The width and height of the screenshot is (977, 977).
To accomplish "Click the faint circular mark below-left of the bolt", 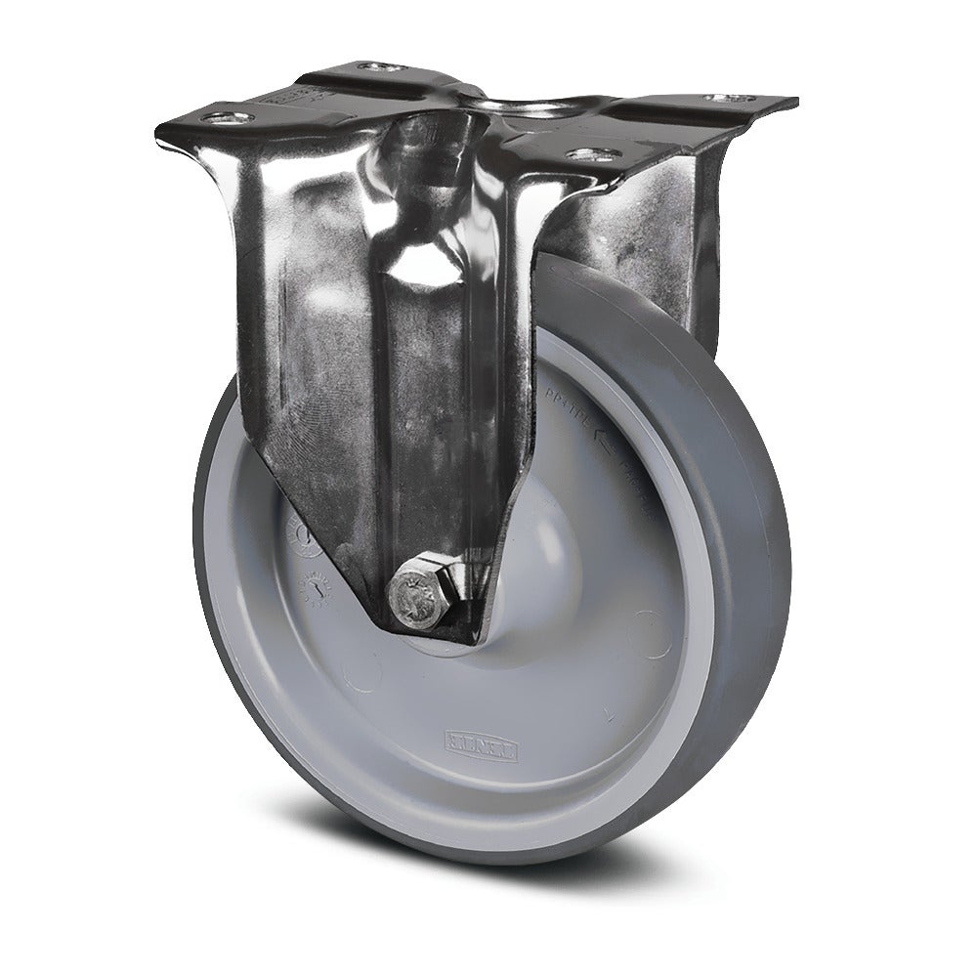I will pos(363,674).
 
